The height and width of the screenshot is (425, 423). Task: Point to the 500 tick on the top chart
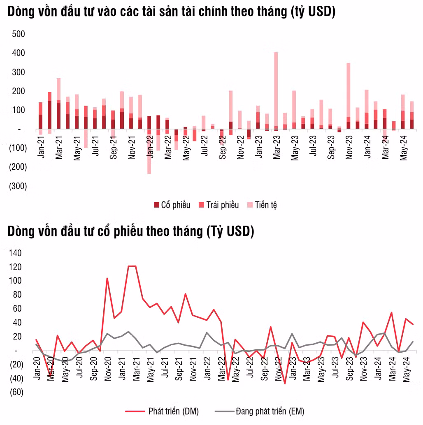19,34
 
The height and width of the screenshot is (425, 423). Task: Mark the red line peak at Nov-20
107,278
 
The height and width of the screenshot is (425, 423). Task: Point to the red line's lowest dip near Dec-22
284,383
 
